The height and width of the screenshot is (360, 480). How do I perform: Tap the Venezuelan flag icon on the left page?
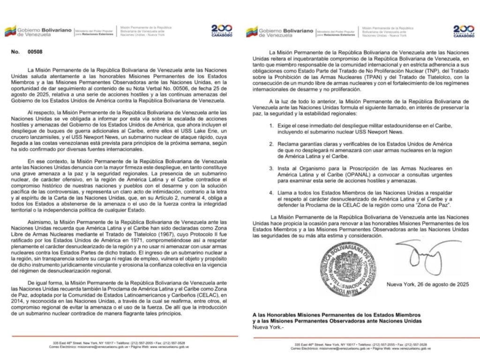(x=10, y=31)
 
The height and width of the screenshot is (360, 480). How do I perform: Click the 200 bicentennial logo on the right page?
(x=463, y=31)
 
